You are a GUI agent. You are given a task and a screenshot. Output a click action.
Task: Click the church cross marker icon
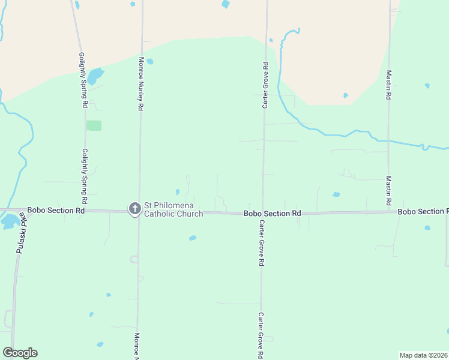tap(135, 209)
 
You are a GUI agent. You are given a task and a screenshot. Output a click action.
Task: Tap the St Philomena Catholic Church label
tap(173, 209)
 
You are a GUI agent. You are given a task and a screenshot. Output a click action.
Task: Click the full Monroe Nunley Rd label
tap(142, 83)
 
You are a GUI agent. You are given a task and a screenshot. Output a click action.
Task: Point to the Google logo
tap(20, 353)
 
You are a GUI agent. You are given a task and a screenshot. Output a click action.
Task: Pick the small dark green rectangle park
tap(94, 125)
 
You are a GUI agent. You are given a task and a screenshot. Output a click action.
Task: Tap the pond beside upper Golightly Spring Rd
tap(95, 76)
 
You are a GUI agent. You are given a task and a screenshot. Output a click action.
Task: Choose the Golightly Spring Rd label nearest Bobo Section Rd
tap(85, 175)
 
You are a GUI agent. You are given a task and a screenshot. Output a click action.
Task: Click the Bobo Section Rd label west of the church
tap(56, 211)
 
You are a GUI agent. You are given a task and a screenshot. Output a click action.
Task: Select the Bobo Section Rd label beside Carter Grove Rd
tap(271, 214)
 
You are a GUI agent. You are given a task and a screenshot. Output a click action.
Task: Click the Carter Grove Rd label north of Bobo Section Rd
tap(265, 85)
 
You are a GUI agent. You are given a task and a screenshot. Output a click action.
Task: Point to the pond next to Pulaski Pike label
tap(9, 221)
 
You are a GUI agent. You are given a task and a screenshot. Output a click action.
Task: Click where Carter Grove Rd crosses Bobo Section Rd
tap(262, 213)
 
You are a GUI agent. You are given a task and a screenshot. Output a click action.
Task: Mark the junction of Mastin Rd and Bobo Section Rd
tap(389, 212)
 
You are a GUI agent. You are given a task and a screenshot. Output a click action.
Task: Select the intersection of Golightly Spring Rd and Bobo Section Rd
tap(85, 211)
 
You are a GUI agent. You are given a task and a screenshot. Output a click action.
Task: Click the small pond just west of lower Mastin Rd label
tap(336, 194)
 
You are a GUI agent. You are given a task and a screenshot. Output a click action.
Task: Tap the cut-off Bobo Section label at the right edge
tap(423, 212)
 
